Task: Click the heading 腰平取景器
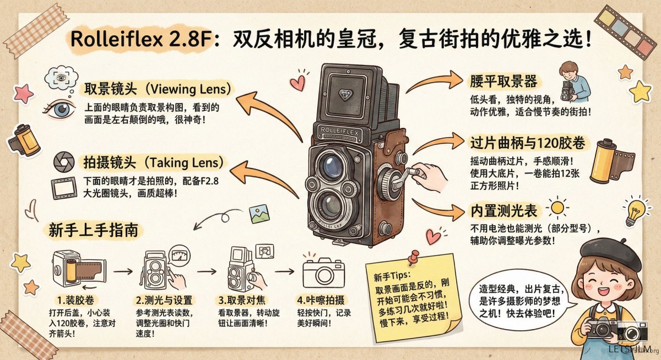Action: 503,81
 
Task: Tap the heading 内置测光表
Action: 503,211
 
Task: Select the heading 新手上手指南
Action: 93,230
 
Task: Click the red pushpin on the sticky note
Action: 414,257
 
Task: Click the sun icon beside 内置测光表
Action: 557,208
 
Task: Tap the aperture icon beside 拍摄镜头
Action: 64,162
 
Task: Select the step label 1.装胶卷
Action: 75,300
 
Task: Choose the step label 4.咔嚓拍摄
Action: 321,300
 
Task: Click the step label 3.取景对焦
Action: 242,300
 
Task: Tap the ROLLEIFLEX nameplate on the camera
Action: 339,132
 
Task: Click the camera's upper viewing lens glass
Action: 333,166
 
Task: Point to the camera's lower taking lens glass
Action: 330,205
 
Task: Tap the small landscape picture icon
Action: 259,214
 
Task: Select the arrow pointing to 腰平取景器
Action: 435,81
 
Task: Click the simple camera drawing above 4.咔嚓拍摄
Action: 323,272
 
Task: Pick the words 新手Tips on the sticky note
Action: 391,276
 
